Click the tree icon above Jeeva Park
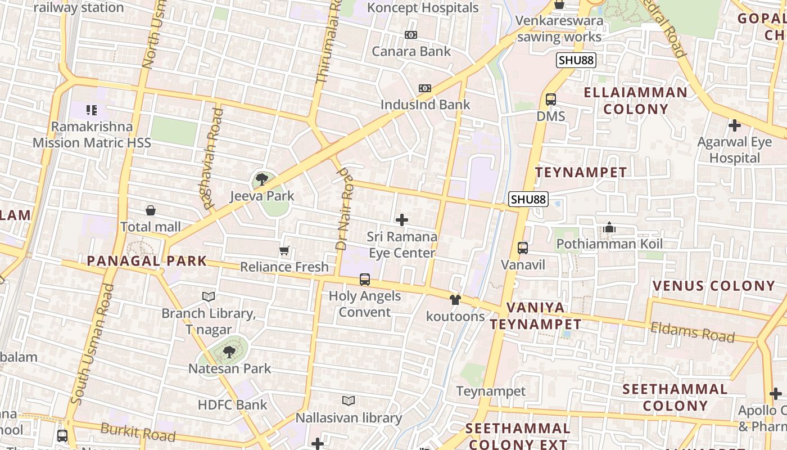pos(261,180)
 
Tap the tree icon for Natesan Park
pos(229,353)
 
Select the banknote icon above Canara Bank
pos(411,35)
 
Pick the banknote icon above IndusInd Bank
pos(425,88)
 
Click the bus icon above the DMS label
pos(551,100)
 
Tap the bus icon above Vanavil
pos(523,248)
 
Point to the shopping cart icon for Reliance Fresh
pos(284,251)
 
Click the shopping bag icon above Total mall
pos(151,211)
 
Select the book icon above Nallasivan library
pos(349,401)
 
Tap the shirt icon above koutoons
pos(455,300)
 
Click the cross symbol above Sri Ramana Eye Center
pos(402,220)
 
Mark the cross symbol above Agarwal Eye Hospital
pos(734,125)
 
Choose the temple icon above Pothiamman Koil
pos(609,228)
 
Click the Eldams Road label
pos(693,332)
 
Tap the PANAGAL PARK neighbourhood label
pos(147,262)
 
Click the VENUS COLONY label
pos(714,286)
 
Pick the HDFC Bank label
pos(233,405)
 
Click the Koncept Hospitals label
pos(423,8)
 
